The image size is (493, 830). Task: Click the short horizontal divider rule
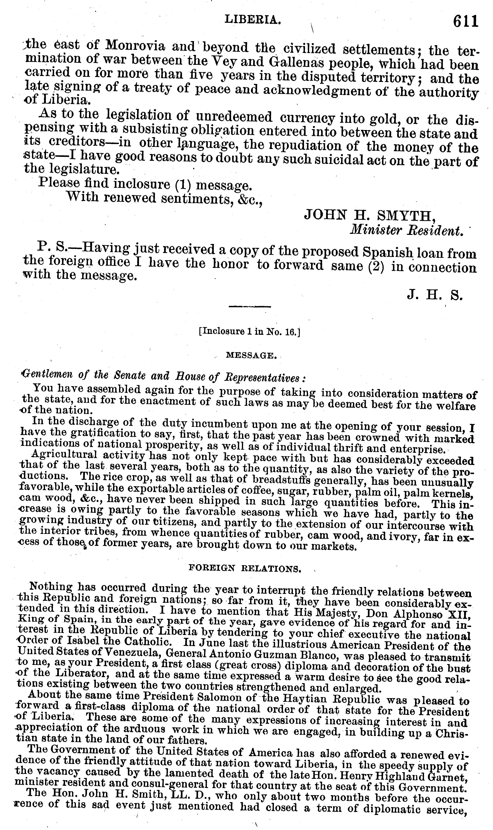click(250, 306)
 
